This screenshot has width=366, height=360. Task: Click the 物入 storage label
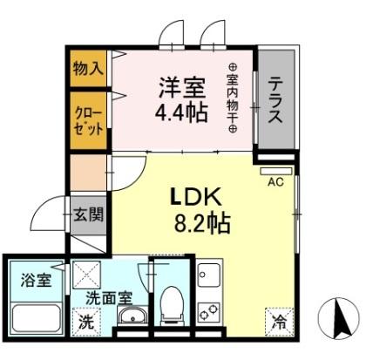click(86, 68)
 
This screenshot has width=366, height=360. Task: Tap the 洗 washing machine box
click(85, 320)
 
